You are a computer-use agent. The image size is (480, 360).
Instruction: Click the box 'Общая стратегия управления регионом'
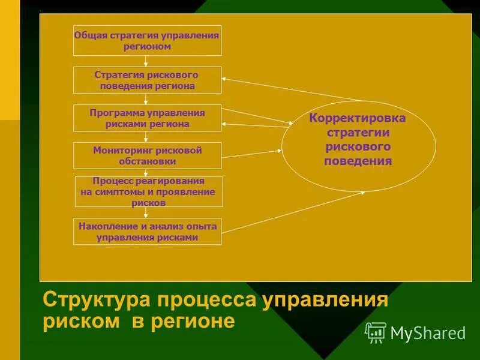pos(147,40)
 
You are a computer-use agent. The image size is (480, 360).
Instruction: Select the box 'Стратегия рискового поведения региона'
pos(147,80)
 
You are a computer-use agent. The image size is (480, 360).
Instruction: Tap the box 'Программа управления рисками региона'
pos(147,118)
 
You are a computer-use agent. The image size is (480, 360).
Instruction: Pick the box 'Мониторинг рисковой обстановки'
pos(147,155)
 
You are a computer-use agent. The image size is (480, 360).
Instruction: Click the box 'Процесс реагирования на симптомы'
pos(148,191)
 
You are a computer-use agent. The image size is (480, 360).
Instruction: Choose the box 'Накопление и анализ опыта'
pos(147,232)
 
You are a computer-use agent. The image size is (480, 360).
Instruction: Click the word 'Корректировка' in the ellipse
pos(358,118)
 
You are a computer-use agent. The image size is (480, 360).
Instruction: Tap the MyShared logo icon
pos(376,332)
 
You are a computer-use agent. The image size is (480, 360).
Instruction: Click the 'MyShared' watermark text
pos(428,333)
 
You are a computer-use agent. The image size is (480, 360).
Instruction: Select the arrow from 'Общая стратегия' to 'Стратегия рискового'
pos(146,61)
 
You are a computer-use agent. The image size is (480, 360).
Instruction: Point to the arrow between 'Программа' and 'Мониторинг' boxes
pos(146,137)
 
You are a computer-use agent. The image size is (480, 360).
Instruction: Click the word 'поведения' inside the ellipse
pos(358,161)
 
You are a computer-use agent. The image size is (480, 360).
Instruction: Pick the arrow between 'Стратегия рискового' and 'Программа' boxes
pos(146,99)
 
